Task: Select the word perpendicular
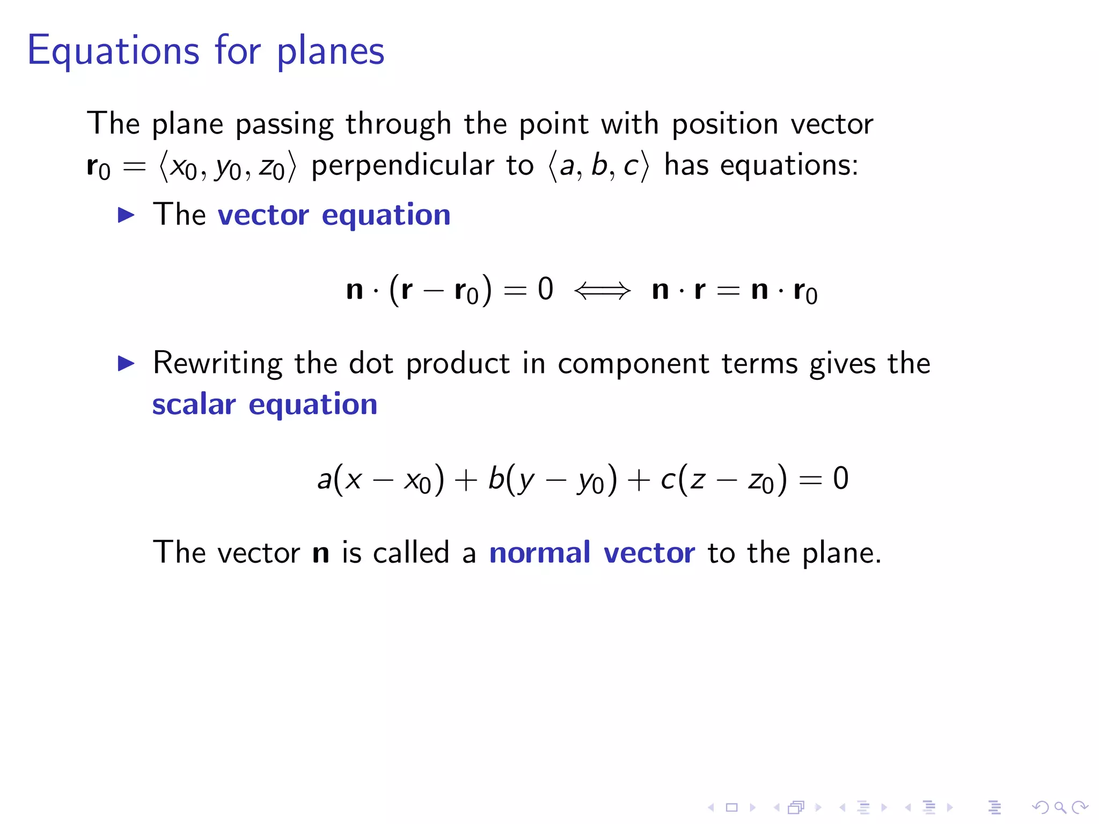402,165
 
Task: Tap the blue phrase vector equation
334,216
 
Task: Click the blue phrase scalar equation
265,404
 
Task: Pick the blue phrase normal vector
592,553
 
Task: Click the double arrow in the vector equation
602,291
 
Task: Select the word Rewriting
217,364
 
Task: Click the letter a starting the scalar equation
324,479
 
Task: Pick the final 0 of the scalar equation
840,478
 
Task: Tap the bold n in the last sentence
321,554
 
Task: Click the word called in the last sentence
411,553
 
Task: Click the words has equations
761,165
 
